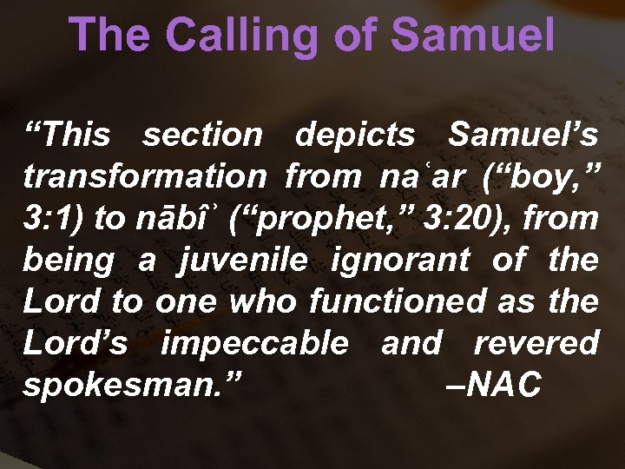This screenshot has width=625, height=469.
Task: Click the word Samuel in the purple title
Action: click(x=472, y=36)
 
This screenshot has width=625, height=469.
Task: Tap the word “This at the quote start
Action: click(x=68, y=135)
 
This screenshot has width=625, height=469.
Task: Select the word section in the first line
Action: click(x=202, y=135)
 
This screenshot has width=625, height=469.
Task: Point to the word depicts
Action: click(x=355, y=135)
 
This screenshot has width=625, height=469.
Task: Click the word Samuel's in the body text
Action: click(x=523, y=135)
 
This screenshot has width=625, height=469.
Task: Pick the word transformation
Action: click(x=145, y=177)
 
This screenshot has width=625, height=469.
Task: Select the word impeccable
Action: click(x=254, y=343)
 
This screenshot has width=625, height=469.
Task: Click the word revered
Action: click(x=536, y=343)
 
